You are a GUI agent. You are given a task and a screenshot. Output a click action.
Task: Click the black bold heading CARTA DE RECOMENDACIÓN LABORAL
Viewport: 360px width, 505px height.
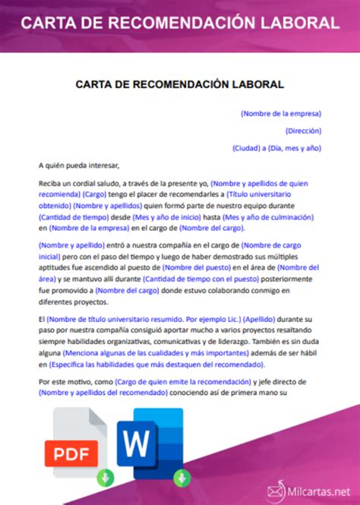point(179,84)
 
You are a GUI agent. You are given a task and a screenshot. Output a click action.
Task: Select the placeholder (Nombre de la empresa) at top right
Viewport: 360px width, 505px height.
point(280,113)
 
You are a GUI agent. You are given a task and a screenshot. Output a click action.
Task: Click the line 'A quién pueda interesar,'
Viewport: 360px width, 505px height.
point(79,164)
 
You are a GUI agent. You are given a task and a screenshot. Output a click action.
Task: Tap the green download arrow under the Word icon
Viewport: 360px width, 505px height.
point(182,478)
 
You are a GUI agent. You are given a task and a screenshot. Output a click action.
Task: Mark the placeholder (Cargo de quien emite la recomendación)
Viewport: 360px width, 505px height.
point(178,381)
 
